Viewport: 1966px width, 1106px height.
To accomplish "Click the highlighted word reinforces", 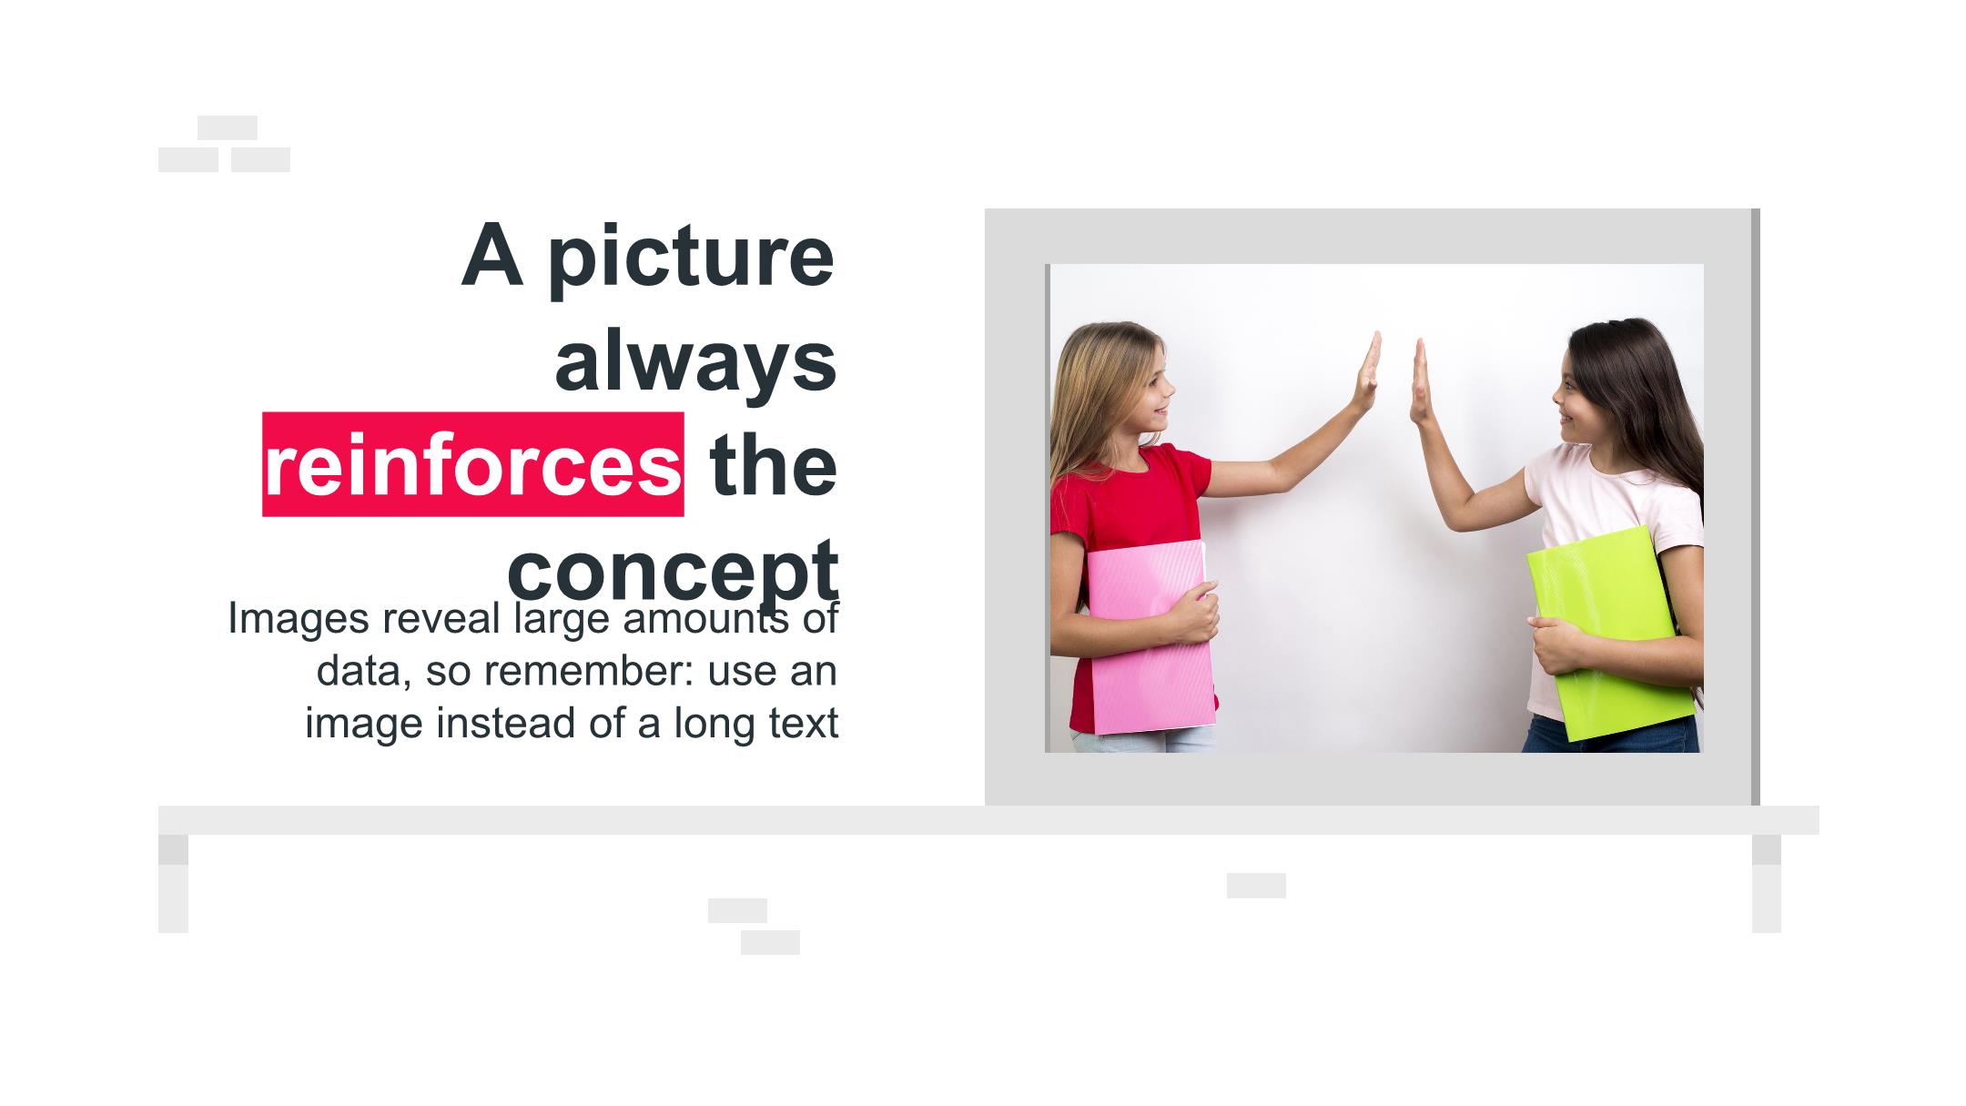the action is (472, 465).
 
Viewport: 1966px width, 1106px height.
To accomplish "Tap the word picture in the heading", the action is (691, 257).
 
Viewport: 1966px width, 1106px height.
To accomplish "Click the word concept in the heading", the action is (673, 573).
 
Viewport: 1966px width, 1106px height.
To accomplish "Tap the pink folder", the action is (1151, 637).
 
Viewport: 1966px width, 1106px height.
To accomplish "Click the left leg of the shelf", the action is (173, 883).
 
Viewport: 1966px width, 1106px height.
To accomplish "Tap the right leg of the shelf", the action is (1767, 883).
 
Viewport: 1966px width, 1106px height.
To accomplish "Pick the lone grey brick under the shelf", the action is (1256, 886).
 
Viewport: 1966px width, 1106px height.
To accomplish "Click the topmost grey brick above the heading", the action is (228, 127).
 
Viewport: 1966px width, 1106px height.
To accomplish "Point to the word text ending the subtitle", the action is (804, 724).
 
